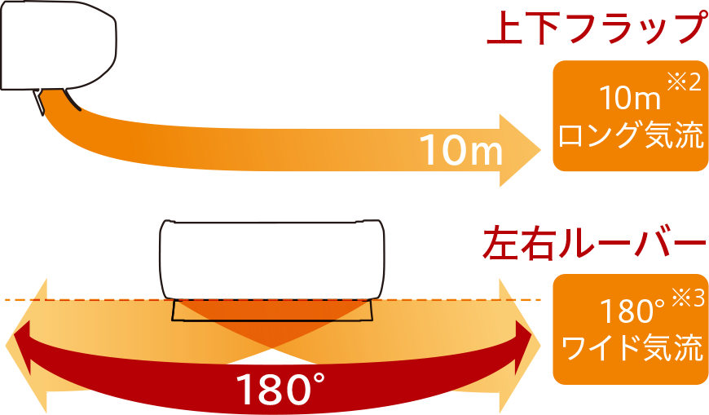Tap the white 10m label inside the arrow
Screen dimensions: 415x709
coord(460,150)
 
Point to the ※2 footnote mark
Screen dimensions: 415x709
coord(683,83)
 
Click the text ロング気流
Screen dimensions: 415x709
coord(630,136)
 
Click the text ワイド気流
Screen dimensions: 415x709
coord(630,348)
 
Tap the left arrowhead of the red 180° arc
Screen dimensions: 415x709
coord(18,336)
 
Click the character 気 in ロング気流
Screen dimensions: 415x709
coord(659,136)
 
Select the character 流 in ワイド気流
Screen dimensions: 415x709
coord(689,348)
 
